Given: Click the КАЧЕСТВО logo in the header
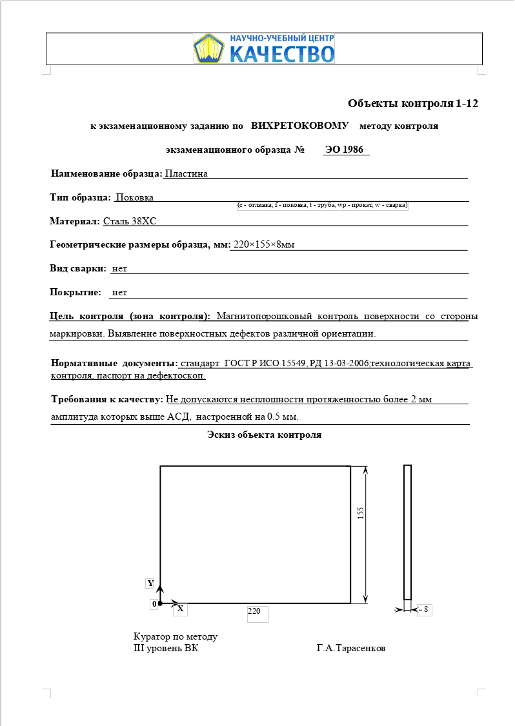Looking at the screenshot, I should (264, 48).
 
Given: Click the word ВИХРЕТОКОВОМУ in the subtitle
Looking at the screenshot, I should (300, 126).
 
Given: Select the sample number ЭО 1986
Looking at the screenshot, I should (345, 150).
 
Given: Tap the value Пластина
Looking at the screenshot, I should (187, 173).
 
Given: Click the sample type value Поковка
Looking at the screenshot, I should (134, 197).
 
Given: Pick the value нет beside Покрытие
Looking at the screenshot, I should (119, 292).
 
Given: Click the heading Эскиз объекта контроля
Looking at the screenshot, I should (264, 435).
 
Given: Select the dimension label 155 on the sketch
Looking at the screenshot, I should (361, 513).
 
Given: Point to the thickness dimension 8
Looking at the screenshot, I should (425, 609).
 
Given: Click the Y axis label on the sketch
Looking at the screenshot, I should (151, 584).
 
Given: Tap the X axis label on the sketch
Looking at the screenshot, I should (181, 609).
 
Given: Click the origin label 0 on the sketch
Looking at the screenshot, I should (154, 604).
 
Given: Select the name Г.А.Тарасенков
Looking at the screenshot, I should (350, 648).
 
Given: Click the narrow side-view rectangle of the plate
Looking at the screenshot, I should (407, 533).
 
